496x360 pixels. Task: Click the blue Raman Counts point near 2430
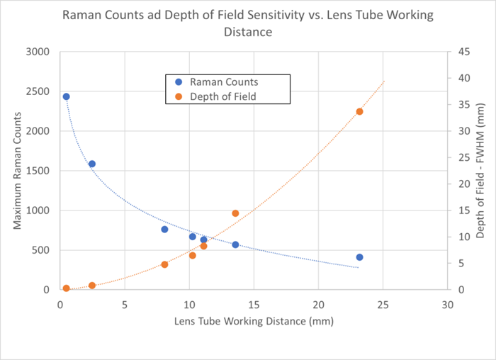click(x=66, y=96)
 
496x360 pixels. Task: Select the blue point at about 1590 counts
click(x=91, y=164)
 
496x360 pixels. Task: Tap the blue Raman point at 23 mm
click(x=359, y=257)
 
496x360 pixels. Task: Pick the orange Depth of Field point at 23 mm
click(x=359, y=111)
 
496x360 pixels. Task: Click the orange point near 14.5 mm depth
click(x=235, y=213)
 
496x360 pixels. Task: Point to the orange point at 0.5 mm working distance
click(x=66, y=288)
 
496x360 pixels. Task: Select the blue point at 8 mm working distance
click(x=164, y=230)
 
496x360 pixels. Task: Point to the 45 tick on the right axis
click(x=460, y=52)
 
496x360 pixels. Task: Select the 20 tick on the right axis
click(x=460, y=184)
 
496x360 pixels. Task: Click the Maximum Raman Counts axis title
click(x=17, y=171)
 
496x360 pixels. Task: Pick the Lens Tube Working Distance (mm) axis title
click(x=253, y=321)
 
